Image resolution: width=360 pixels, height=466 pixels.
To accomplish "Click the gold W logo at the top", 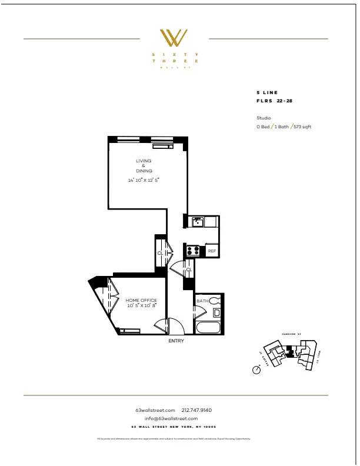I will (x=175, y=38).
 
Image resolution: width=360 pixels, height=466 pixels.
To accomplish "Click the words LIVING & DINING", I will (x=144, y=166).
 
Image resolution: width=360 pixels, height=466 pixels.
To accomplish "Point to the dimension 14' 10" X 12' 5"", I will (x=144, y=180).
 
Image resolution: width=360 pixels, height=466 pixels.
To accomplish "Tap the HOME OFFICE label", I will (x=141, y=301).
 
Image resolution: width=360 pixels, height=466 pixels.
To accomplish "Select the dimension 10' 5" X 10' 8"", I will (x=141, y=306).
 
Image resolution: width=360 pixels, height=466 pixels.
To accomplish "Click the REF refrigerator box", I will (x=212, y=251).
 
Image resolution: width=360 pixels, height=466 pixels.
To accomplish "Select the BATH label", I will (x=202, y=301).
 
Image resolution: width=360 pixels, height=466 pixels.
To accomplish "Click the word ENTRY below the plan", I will (x=176, y=341).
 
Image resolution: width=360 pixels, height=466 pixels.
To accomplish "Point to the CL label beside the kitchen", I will (x=189, y=269).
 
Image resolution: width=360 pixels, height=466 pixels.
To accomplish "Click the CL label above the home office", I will (x=160, y=253).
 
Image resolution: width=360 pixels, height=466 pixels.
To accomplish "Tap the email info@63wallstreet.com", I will (x=175, y=418).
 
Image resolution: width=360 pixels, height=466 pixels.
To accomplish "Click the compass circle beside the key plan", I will (x=256, y=370).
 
